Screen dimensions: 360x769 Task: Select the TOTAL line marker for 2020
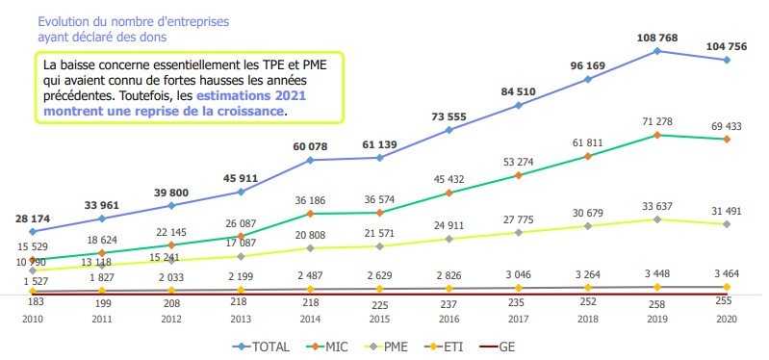click(x=726, y=60)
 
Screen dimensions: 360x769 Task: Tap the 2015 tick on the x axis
click(x=379, y=318)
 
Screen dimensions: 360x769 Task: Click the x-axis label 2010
click(x=33, y=318)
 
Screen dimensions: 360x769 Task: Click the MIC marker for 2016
click(x=449, y=193)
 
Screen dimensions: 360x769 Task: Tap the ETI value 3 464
click(x=726, y=274)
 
